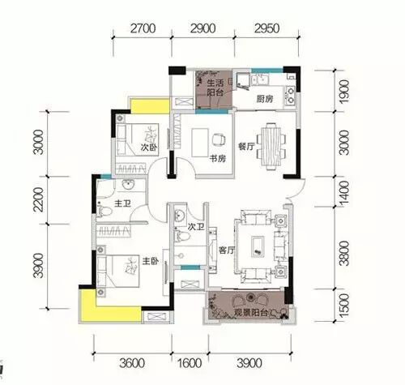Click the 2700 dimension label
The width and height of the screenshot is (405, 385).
pyautogui.click(x=143, y=28)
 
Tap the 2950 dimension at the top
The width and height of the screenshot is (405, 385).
pyautogui.click(x=266, y=28)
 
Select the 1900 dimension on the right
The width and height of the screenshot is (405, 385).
pyautogui.click(x=344, y=92)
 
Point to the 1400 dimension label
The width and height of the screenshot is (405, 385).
pyautogui.click(x=344, y=193)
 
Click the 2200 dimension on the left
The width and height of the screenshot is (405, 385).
pyautogui.click(x=38, y=199)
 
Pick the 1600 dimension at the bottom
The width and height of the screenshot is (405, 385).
pyautogui.click(x=190, y=363)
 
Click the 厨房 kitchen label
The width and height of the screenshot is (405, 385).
pyautogui.click(x=265, y=99)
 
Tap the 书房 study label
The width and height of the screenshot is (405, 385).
pyautogui.click(x=218, y=158)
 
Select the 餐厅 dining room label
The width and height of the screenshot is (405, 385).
pyautogui.click(x=246, y=146)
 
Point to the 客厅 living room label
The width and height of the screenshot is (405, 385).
pyautogui.click(x=227, y=250)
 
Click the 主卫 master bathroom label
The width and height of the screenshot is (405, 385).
pyautogui.click(x=122, y=203)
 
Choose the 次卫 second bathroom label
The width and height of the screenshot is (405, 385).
pyautogui.click(x=196, y=226)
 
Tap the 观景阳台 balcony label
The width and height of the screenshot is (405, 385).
pyautogui.click(x=251, y=313)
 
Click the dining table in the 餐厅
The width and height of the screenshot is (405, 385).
pyautogui.click(x=271, y=146)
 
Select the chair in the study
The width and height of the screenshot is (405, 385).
pyautogui.click(x=219, y=139)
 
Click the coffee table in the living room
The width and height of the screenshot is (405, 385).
pyautogui.click(x=258, y=247)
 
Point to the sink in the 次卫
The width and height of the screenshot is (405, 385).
pyautogui.click(x=179, y=215)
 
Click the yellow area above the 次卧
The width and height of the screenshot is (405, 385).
pyautogui.click(x=150, y=106)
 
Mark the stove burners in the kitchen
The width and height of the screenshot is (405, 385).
pyautogui.click(x=290, y=95)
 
